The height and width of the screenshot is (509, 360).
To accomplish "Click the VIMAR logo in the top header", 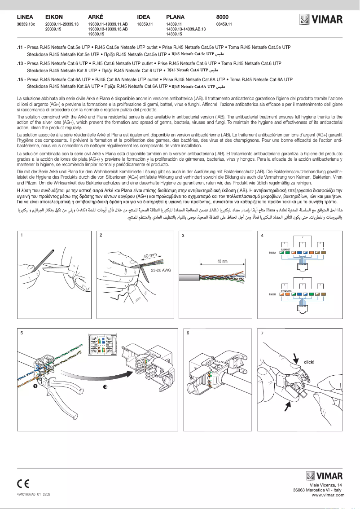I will [321, 19].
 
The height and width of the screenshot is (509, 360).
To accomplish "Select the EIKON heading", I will [54, 16].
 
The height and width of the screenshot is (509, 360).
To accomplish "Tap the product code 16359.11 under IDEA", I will [145, 24].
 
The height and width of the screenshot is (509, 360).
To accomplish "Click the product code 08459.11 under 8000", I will [224, 24].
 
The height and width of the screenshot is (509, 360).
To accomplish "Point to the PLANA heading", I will [175, 16].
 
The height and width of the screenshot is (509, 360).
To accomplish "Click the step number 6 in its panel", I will [188, 333].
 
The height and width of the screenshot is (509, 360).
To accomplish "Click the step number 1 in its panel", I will [21, 234].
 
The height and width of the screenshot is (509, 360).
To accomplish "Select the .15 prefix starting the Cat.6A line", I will [20, 79].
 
